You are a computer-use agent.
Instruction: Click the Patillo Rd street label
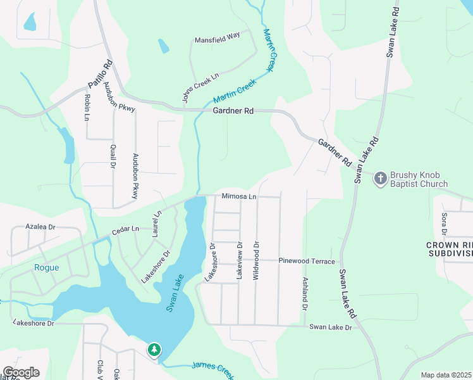[100, 74]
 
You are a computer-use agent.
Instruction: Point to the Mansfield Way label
[217, 36]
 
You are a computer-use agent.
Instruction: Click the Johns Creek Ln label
[200, 87]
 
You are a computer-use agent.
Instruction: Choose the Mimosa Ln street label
[238, 196]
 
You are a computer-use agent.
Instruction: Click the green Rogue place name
[46, 267]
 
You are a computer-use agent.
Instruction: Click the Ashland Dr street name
[305, 293]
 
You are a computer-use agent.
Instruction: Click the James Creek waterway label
[212, 367]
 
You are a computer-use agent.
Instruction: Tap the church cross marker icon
[380, 178]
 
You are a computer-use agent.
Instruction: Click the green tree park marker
[154, 350]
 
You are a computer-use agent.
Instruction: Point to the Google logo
[21, 372]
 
